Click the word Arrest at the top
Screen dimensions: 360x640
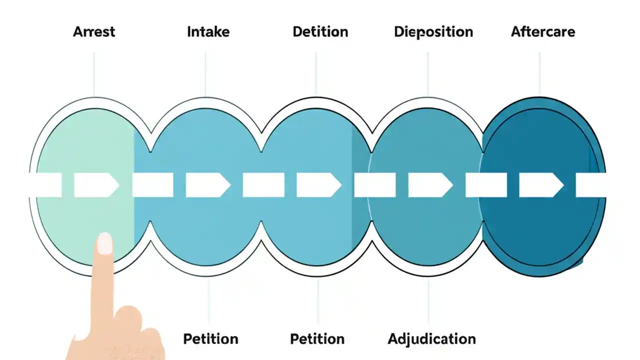(94, 32)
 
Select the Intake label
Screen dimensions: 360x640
(208, 32)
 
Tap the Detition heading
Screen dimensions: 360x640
(320, 32)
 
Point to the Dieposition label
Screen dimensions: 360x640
(433, 32)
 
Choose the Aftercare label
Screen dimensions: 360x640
(542, 32)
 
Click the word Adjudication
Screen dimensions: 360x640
(431, 339)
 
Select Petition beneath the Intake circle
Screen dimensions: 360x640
(210, 339)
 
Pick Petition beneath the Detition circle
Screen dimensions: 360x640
(317, 339)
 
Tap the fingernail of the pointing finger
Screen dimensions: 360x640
(104, 243)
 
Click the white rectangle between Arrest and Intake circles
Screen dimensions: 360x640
(152, 185)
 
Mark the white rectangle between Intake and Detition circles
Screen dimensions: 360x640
(263, 185)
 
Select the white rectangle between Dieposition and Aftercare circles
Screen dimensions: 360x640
(486, 185)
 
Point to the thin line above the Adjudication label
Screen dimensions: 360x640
(428, 300)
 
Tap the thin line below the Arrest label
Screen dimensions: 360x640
(94, 72)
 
